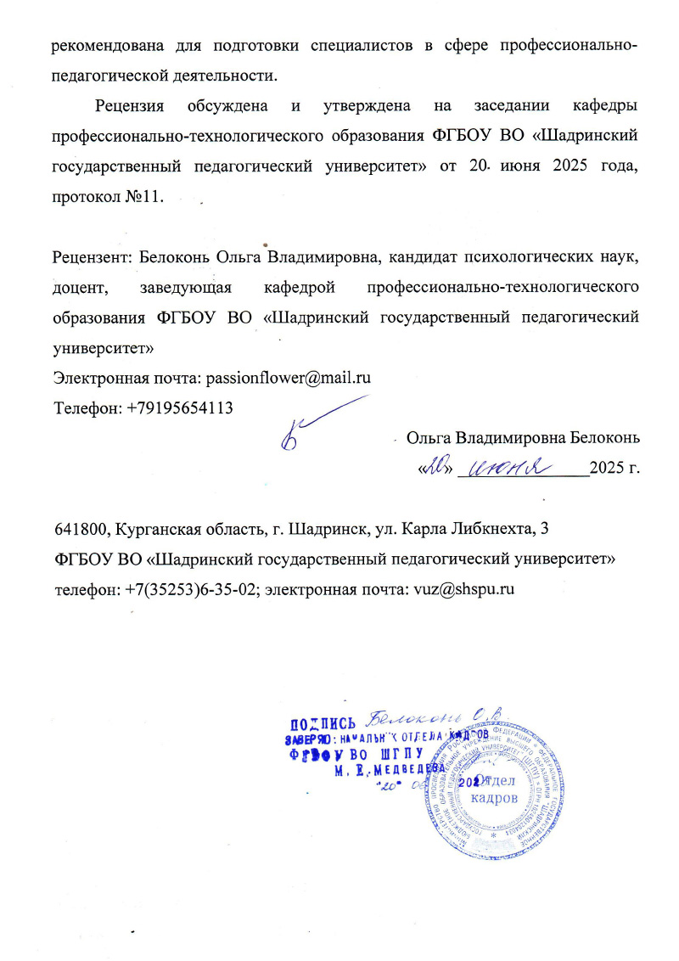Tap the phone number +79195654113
179,407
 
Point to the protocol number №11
147,197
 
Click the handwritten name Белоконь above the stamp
407,715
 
